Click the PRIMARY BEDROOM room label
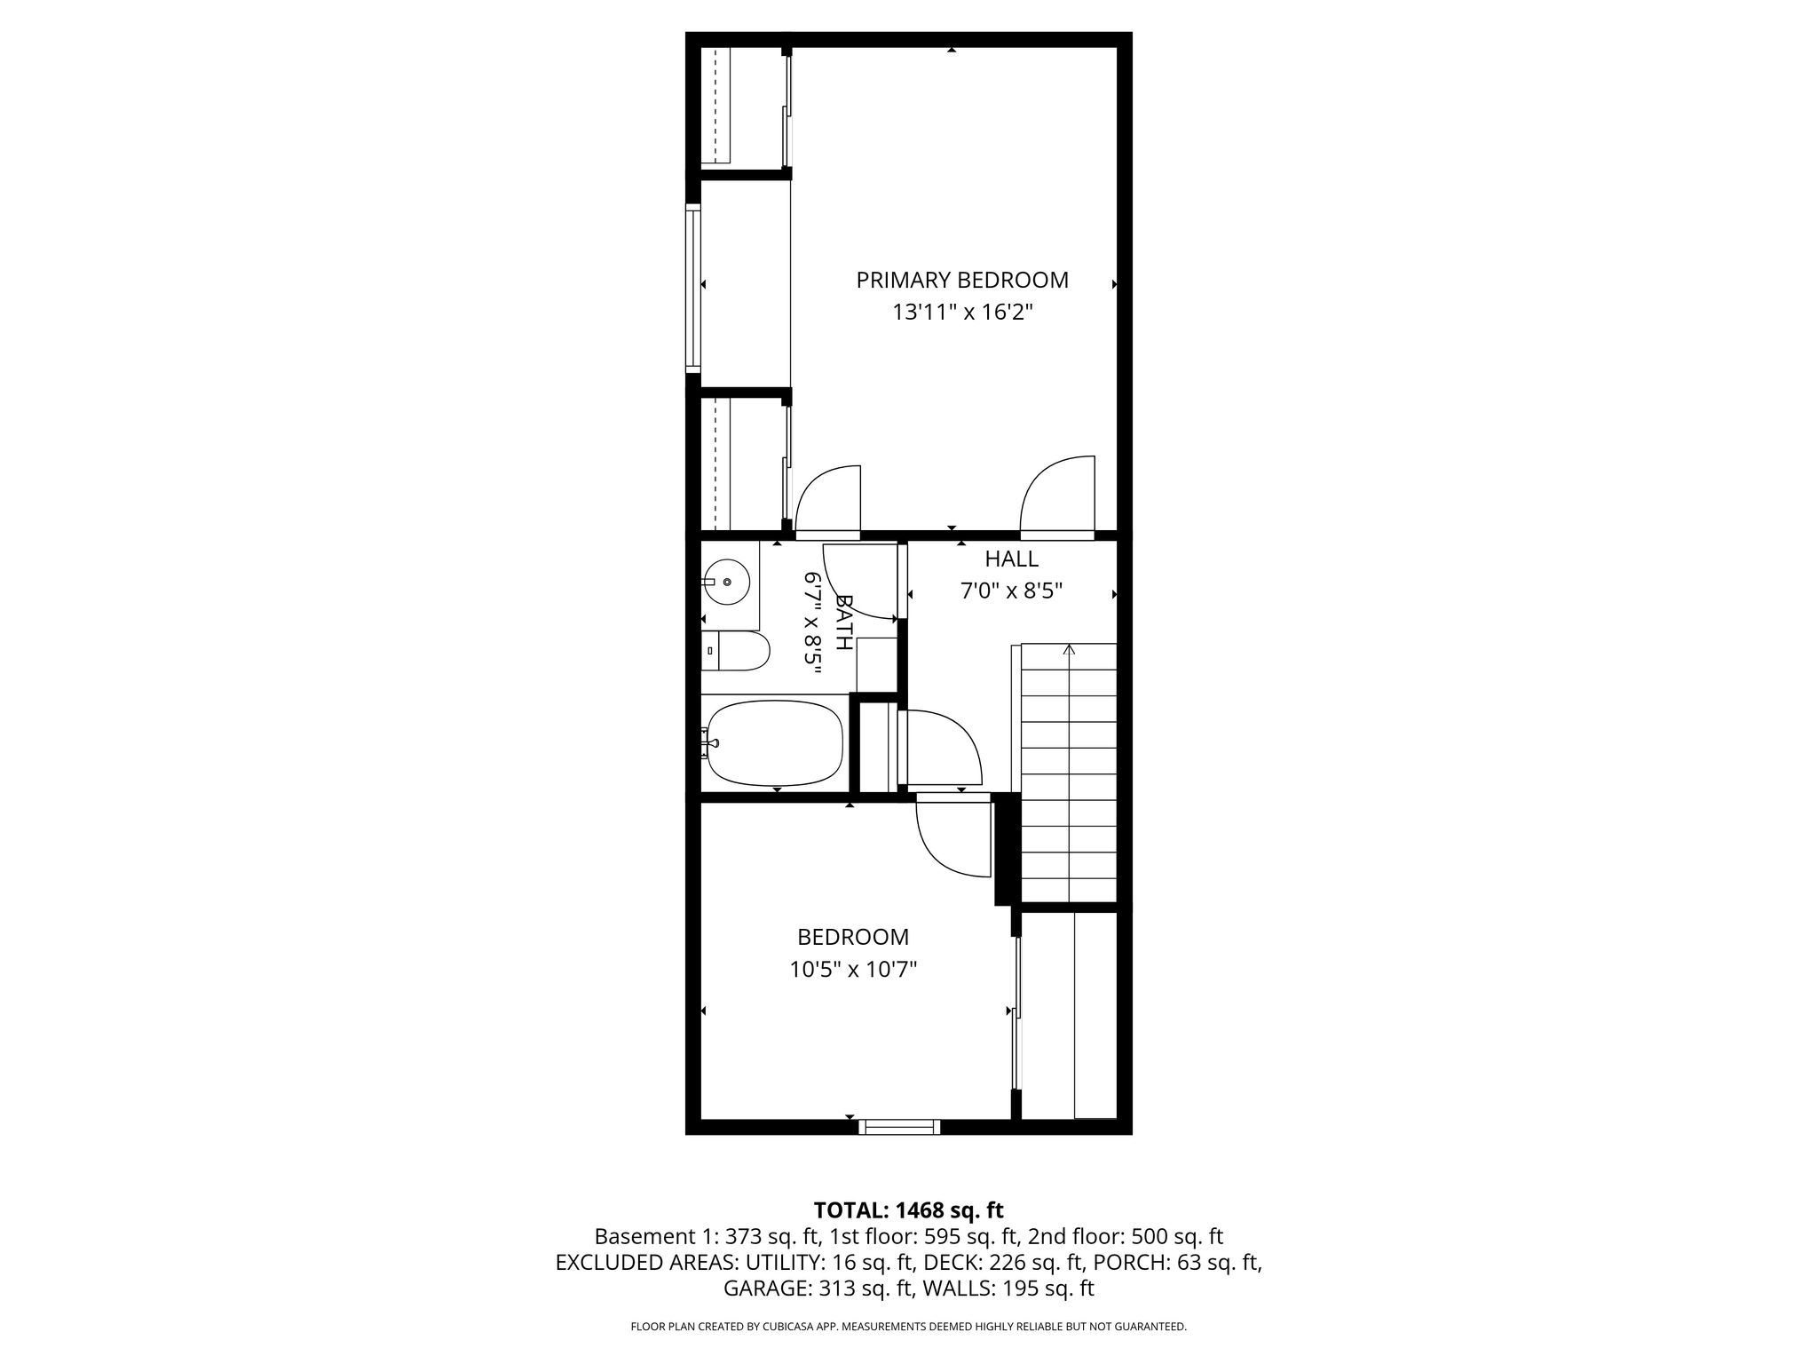click(962, 281)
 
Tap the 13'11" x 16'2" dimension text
click(962, 313)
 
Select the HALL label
click(1011, 559)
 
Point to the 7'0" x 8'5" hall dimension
click(1011, 591)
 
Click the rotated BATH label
click(843, 623)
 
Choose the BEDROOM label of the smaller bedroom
click(853, 937)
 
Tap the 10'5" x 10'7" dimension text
click(853, 970)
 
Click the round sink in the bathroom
click(726, 583)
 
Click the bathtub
click(772, 743)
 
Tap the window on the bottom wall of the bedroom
click(899, 1127)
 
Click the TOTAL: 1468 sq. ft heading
click(908, 1209)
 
